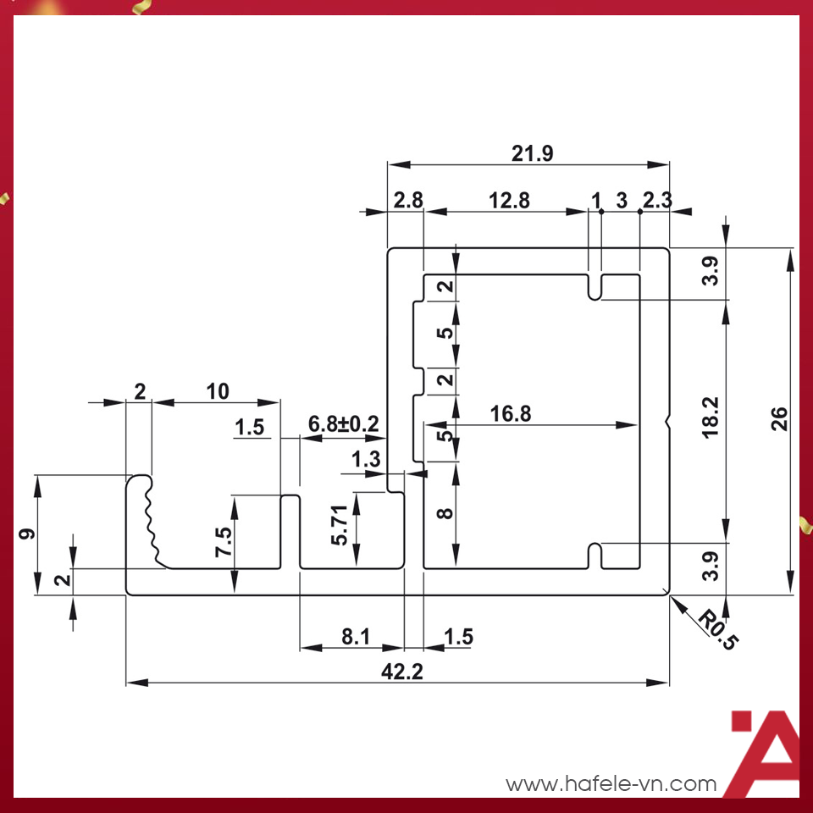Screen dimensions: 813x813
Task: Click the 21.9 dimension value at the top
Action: pyautogui.click(x=532, y=153)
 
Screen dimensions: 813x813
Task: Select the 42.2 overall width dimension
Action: pyautogui.click(x=401, y=672)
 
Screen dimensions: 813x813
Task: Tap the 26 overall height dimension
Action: pyautogui.click(x=780, y=418)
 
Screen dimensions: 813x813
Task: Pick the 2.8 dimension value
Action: pyautogui.click(x=408, y=201)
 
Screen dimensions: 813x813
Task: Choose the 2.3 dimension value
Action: pyautogui.click(x=657, y=201)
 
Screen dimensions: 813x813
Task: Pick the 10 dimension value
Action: pyautogui.click(x=218, y=391)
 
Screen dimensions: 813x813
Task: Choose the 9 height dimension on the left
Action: pyautogui.click(x=26, y=535)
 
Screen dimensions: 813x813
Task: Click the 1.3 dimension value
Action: pyautogui.click(x=365, y=460)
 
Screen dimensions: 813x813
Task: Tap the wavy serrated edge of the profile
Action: pyautogui.click(x=151, y=521)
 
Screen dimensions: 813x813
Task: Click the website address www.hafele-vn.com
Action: pyautogui.click(x=611, y=784)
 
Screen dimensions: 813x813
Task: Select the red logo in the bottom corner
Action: pyautogui.click(x=764, y=752)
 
